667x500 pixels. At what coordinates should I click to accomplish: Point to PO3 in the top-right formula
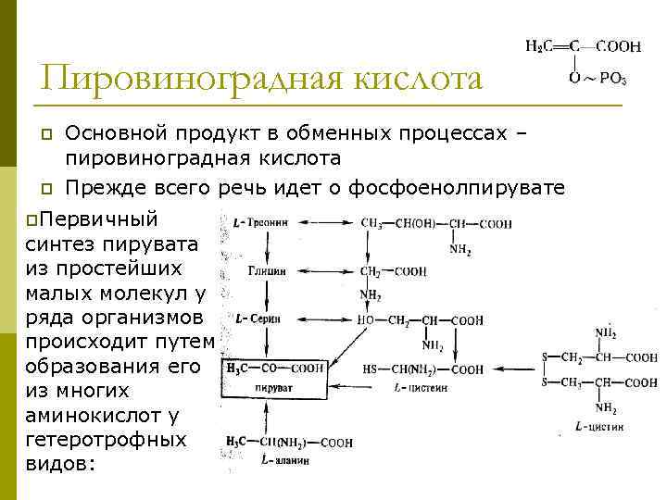[613, 80]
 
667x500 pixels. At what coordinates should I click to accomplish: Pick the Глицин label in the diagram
[267, 272]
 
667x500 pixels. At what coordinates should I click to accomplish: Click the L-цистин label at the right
[599, 428]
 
